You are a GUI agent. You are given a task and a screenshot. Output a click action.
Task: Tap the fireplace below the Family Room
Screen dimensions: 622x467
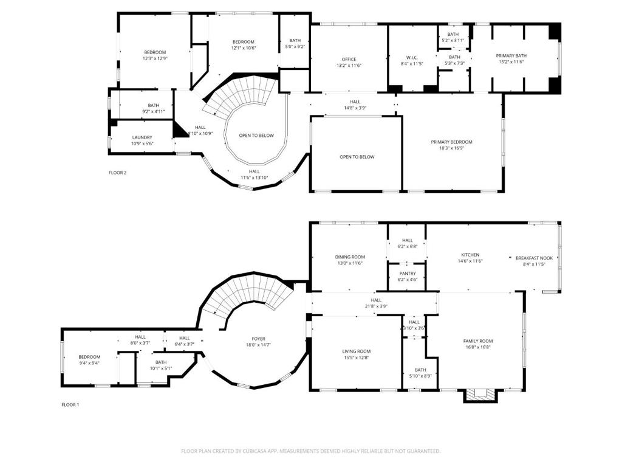(x=480, y=395)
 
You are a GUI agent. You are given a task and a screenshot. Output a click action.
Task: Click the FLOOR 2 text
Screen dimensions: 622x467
(x=117, y=173)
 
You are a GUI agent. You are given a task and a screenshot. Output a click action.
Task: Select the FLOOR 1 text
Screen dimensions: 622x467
(x=70, y=405)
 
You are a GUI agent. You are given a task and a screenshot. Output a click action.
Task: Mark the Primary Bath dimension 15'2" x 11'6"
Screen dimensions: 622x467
(x=511, y=62)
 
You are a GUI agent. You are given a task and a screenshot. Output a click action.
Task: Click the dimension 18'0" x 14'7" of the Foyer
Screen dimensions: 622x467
(x=258, y=345)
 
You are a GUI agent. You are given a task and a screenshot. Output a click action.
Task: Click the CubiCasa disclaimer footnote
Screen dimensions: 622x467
(x=310, y=451)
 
